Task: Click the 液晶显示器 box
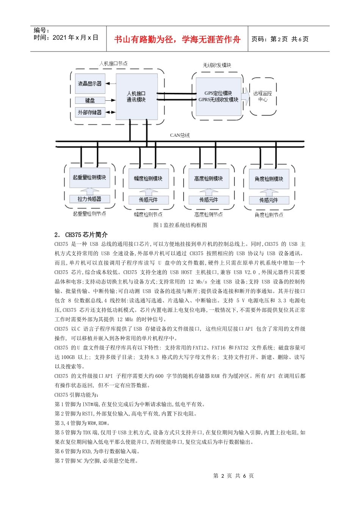pyautogui.click(x=90, y=84)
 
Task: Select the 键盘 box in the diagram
pyautogui.click(x=90, y=100)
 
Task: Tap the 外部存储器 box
pyautogui.click(x=90, y=112)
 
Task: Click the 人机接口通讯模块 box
pyautogui.click(x=136, y=97)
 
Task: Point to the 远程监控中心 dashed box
pyautogui.click(x=263, y=96)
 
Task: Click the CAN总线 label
pyautogui.click(x=180, y=135)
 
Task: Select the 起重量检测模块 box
pyautogui.click(x=89, y=178)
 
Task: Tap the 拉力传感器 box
pyautogui.click(x=89, y=199)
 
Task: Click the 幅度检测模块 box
pyautogui.click(x=148, y=179)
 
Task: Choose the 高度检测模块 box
pyautogui.click(x=208, y=179)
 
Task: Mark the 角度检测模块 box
pyautogui.click(x=269, y=179)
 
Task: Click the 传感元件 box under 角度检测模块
pyautogui.click(x=269, y=200)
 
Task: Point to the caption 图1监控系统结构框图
pyautogui.click(x=180, y=225)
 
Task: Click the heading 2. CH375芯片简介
pyautogui.click(x=81, y=235)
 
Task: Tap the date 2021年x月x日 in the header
pyautogui.click(x=75, y=37)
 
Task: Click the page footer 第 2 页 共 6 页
pyautogui.click(x=233, y=476)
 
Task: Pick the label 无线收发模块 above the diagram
pyautogui.click(x=217, y=66)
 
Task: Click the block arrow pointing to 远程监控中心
pyautogui.click(x=246, y=97)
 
